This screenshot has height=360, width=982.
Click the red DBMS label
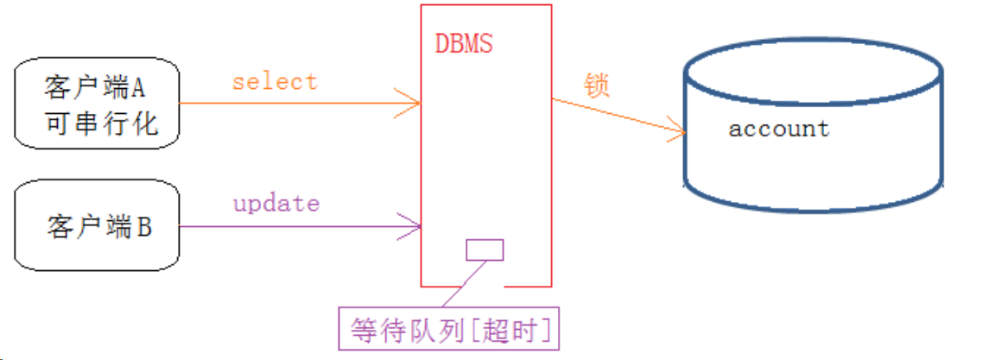tap(464, 43)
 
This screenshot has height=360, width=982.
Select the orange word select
tap(275, 82)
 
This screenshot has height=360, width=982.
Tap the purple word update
tap(276, 205)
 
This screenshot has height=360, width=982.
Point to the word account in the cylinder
tap(778, 129)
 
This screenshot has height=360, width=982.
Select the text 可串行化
tap(101, 123)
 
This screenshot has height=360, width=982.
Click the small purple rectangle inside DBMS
tap(485, 249)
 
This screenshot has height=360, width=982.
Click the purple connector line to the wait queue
tap(463, 284)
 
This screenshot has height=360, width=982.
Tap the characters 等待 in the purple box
tap(377, 330)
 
